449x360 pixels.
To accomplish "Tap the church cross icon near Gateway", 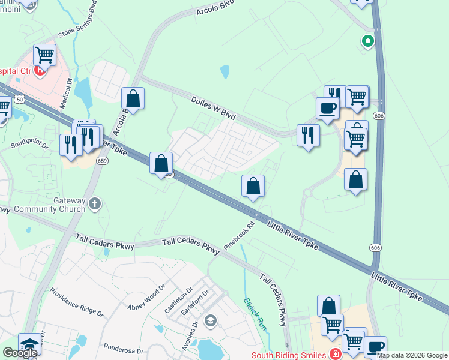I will (x=94, y=205).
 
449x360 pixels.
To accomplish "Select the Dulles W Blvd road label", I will (x=214, y=108).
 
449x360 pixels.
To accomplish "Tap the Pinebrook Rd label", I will (x=240, y=236).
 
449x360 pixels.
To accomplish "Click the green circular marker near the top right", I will (x=367, y=41).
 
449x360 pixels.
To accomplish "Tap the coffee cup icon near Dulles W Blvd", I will (x=327, y=108).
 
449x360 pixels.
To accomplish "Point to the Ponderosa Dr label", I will (x=123, y=348).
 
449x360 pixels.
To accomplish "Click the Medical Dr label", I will (x=65, y=93).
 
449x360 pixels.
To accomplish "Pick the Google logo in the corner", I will (x=19, y=352).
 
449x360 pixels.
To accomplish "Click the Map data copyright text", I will (x=411, y=355).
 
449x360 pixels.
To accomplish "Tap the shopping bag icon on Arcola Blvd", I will (x=133, y=98).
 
